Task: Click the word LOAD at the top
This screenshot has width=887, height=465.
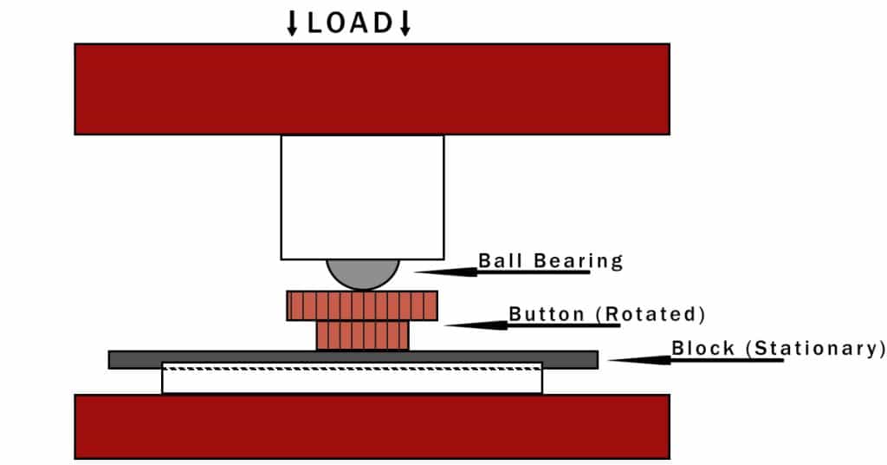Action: coord(349,23)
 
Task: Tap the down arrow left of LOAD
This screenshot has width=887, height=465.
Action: coord(292,23)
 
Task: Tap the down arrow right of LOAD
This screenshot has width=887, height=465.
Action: coord(405,23)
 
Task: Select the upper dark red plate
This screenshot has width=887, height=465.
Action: coord(372,88)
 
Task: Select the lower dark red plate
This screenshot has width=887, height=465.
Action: coord(372,427)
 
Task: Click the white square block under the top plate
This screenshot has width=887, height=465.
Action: coord(363,197)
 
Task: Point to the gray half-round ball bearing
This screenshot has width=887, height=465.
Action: coord(363,274)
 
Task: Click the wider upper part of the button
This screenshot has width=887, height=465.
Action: coord(362,306)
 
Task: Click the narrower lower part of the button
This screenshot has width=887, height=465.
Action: coord(363,335)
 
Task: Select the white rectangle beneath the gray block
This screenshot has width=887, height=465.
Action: coord(352,377)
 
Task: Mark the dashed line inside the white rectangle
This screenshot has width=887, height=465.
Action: coord(352,369)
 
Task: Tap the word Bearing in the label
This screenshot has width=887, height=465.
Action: coord(578,261)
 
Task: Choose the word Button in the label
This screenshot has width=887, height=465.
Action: coord(547,314)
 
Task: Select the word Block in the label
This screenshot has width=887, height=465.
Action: coord(702,348)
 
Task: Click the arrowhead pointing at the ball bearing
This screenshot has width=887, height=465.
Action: coord(446,272)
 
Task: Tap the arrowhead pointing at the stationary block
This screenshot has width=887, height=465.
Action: coord(640,360)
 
